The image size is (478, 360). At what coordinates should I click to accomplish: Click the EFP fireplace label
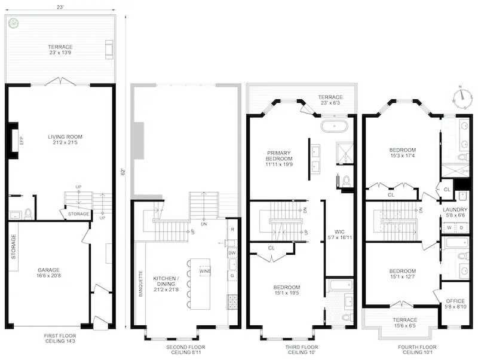[21, 141]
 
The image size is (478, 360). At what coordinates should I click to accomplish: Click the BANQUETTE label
[141, 285]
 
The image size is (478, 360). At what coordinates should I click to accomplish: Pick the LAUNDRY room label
[455, 209]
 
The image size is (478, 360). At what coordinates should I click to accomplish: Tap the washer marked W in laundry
[449, 228]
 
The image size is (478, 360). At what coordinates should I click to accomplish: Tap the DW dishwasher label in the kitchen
[232, 252]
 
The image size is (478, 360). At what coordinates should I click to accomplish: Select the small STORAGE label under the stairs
[79, 213]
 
